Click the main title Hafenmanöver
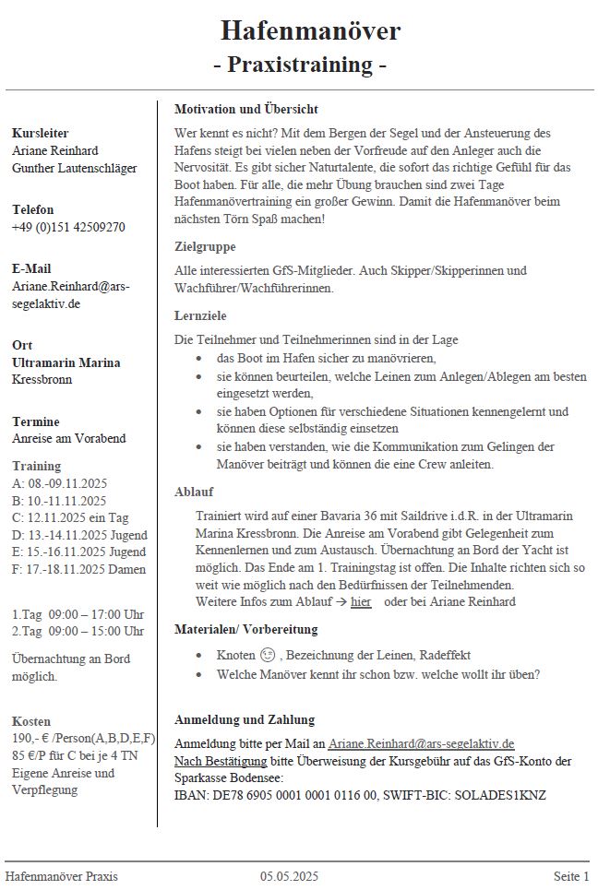(310, 31)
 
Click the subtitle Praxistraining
(299, 65)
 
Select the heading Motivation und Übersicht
(246, 109)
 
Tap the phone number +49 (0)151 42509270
(68, 227)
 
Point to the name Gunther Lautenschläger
(74, 168)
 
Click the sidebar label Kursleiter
(41, 134)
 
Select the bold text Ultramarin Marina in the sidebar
(66, 362)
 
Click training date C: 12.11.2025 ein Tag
(72, 517)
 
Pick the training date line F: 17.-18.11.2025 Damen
(78, 570)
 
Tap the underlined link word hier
(361, 602)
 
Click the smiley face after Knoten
(267, 656)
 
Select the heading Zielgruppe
(205, 247)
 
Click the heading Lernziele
(200, 315)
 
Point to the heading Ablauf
(194, 492)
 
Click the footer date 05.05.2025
(289, 876)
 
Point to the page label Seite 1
(571, 876)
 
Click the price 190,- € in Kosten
(34, 739)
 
